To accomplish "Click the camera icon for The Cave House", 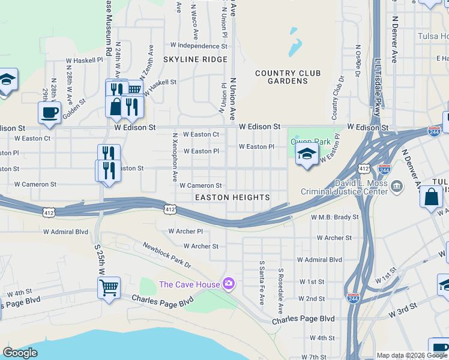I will tap(228, 283).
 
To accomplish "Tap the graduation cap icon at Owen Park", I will tap(307, 154).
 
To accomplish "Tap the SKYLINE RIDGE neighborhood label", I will tap(195, 59).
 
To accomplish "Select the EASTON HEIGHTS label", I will tap(232, 197).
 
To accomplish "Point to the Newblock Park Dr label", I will tap(166, 255).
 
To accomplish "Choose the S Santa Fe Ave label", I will tap(262, 282).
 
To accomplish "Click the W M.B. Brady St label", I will tap(334, 217).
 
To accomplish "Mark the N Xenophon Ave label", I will tap(175, 157).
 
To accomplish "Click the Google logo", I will tap(20, 353).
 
